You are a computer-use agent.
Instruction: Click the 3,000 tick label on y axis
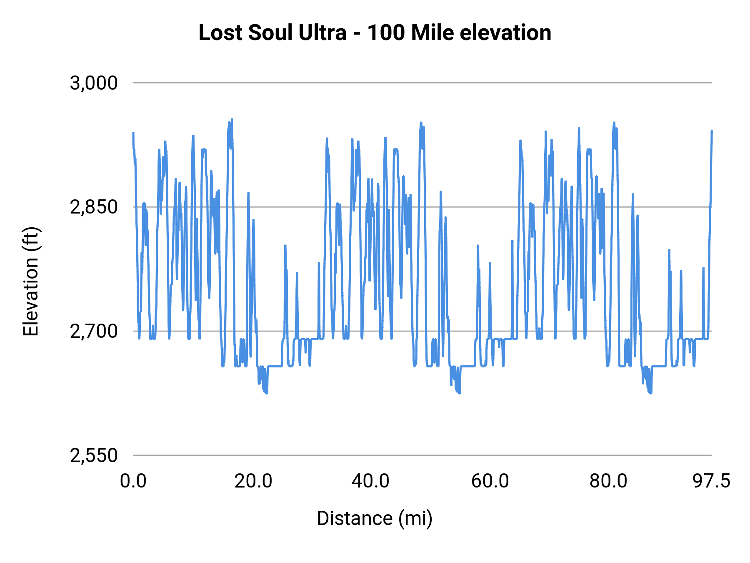pos(94,83)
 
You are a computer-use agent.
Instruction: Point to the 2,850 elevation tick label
pos(94,207)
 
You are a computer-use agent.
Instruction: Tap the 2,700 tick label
pos(94,332)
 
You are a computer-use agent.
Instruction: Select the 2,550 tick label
pos(94,456)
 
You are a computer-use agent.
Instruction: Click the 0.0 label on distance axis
pos(133,481)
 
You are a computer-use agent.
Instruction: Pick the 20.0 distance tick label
pos(253,481)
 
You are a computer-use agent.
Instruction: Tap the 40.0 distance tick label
pos(370,481)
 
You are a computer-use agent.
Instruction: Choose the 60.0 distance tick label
pos(490,481)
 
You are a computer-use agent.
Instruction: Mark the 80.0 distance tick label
pos(608,481)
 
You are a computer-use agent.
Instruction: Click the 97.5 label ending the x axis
pos(712,481)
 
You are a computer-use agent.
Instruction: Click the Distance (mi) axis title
pos(375,519)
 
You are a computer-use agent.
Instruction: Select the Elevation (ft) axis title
pos(31,281)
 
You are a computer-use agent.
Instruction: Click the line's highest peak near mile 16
pos(232,119)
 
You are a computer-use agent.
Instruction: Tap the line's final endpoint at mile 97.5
pos(712,131)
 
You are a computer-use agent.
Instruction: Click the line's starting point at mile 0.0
pos(133,133)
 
